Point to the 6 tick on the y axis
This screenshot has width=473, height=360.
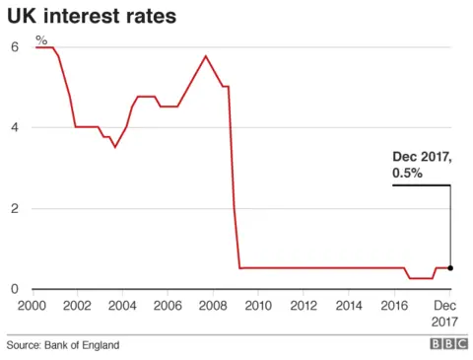point(14,46)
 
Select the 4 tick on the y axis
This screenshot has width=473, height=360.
point(14,127)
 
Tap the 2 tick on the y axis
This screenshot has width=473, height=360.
point(14,208)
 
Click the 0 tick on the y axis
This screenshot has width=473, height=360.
point(14,289)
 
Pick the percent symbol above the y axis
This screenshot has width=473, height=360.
point(41,40)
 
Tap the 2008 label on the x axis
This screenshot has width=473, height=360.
point(212,307)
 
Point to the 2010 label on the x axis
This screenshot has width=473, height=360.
point(258,307)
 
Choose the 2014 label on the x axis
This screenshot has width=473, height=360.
point(349,307)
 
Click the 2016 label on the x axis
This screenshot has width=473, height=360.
point(394,307)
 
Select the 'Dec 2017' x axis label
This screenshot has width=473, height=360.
point(448,314)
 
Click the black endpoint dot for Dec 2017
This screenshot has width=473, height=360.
point(450,267)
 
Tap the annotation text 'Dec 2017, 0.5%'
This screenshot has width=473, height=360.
point(421,165)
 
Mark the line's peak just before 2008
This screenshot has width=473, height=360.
point(205,56)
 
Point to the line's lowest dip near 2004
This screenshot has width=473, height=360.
point(115,147)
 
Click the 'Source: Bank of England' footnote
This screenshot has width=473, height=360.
point(63,345)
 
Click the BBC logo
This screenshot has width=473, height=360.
point(447,345)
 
